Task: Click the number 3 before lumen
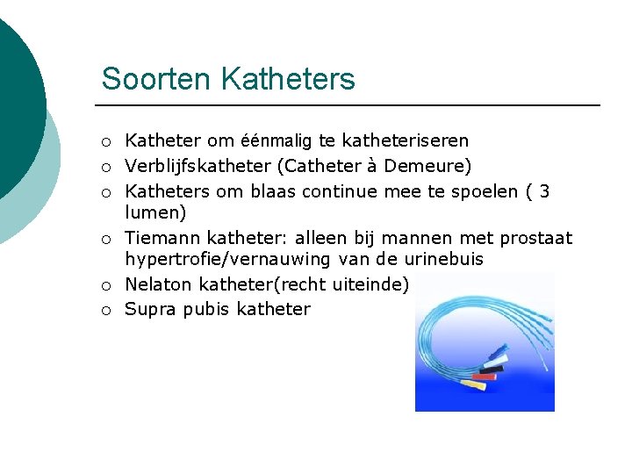tap(544, 191)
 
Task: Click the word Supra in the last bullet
tap(150, 309)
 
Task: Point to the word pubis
tap(205, 309)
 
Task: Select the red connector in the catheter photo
tap(485, 377)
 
